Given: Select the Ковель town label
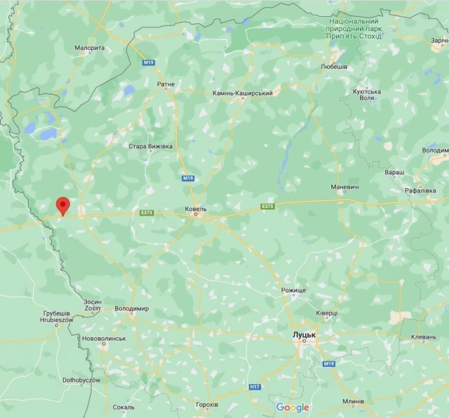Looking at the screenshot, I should click(x=195, y=209).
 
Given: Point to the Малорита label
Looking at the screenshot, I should click(x=89, y=48).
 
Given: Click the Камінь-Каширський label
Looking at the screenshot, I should click(x=243, y=93).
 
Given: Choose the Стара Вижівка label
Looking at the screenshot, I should click(x=146, y=147).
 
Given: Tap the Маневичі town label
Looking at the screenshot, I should click(x=345, y=187).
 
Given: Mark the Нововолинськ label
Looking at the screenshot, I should click(x=104, y=338).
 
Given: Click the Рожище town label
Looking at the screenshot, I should click(x=294, y=290).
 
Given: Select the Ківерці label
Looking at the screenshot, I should click(x=326, y=313).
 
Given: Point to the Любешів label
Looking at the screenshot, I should click(x=334, y=67).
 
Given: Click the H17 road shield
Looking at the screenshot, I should click(x=255, y=386).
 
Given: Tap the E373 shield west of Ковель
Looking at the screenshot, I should click(x=146, y=212).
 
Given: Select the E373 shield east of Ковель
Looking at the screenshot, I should click(x=267, y=207).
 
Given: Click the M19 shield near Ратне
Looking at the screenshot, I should click(x=148, y=63).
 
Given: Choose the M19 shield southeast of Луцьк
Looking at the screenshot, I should click(x=329, y=364).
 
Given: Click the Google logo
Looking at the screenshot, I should click(x=293, y=407).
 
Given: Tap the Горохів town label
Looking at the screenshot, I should click(x=207, y=405).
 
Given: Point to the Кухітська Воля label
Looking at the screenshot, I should click(x=366, y=95).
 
